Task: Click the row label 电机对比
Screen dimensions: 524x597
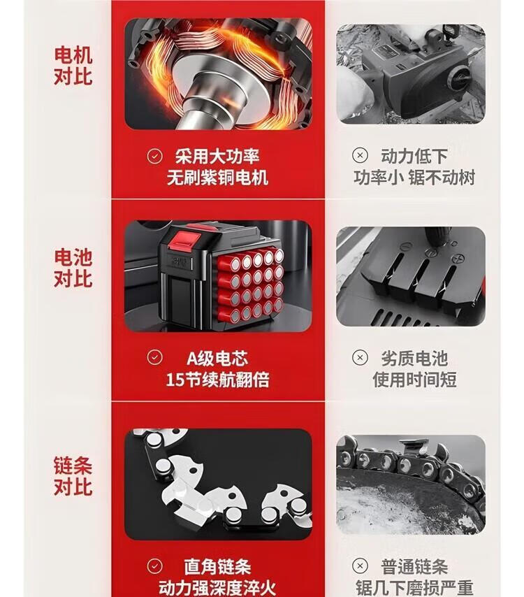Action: tap(73, 66)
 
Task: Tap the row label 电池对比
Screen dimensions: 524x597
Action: tap(73, 268)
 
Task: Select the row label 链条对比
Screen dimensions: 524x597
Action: tap(73, 476)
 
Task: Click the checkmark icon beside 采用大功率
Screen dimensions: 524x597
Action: tap(154, 156)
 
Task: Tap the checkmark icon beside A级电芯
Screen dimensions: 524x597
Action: tap(154, 357)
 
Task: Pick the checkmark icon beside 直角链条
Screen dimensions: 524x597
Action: tap(154, 566)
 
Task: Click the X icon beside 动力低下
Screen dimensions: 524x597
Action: tap(360, 155)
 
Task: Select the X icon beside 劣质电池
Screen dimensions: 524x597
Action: tap(360, 357)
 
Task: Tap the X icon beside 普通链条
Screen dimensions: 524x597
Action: tap(360, 566)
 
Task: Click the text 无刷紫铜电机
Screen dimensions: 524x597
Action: tap(218, 178)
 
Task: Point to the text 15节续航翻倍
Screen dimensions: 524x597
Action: tap(218, 380)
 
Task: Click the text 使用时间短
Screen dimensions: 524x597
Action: tap(414, 380)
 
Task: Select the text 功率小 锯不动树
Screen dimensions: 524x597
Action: tap(414, 178)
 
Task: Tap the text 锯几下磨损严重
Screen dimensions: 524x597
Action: tap(414, 587)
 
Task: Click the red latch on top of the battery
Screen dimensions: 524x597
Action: tap(185, 240)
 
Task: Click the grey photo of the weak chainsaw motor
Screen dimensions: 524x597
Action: tap(411, 74)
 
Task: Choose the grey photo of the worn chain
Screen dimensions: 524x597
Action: tap(411, 484)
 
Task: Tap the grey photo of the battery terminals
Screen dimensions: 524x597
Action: tap(411, 276)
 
